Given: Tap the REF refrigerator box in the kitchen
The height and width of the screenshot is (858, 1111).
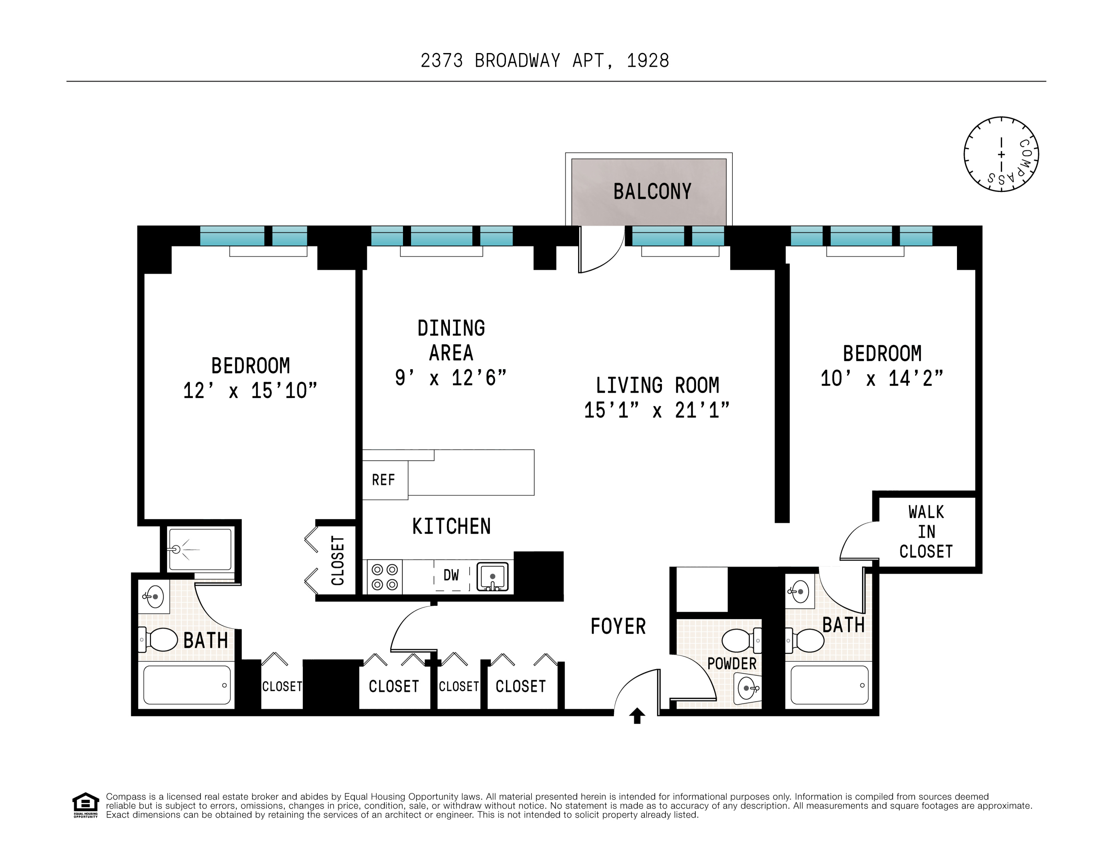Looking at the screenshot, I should point(384,480).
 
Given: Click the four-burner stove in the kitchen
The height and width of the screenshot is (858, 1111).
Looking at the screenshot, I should point(385,577).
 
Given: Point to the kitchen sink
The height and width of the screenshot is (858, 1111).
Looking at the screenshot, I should point(492,576).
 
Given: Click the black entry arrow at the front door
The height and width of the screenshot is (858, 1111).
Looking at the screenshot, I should point(637,716).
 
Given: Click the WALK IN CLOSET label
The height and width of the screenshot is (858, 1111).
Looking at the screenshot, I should point(926,532).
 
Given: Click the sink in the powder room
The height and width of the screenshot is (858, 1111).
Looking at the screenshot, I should point(748,688).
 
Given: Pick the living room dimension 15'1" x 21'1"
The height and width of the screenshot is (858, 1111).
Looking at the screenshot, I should point(656,410).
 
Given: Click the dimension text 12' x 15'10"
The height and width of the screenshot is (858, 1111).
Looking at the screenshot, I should point(250,391).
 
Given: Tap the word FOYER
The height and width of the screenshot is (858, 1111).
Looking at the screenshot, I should point(618,626).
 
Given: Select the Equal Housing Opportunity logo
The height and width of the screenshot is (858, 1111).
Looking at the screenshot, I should point(85,805).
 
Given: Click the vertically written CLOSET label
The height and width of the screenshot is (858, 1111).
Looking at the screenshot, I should point(337,560).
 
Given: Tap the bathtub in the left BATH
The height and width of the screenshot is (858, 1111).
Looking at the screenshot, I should point(187,685).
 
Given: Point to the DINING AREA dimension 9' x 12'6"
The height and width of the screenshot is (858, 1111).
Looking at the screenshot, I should point(451,378).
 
